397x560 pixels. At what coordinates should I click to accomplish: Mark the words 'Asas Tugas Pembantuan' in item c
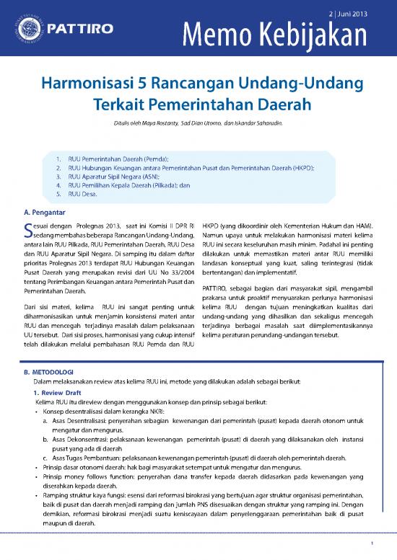89,457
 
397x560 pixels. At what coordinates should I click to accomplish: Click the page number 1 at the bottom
370,542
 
